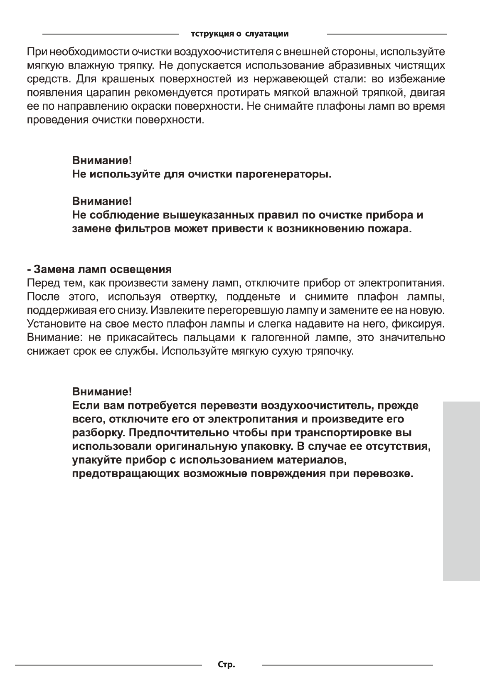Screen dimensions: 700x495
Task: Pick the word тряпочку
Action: [330, 351]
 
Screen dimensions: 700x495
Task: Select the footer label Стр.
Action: [227, 665]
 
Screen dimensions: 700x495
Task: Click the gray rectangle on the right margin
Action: [461, 490]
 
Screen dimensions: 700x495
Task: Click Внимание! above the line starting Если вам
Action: [102, 391]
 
